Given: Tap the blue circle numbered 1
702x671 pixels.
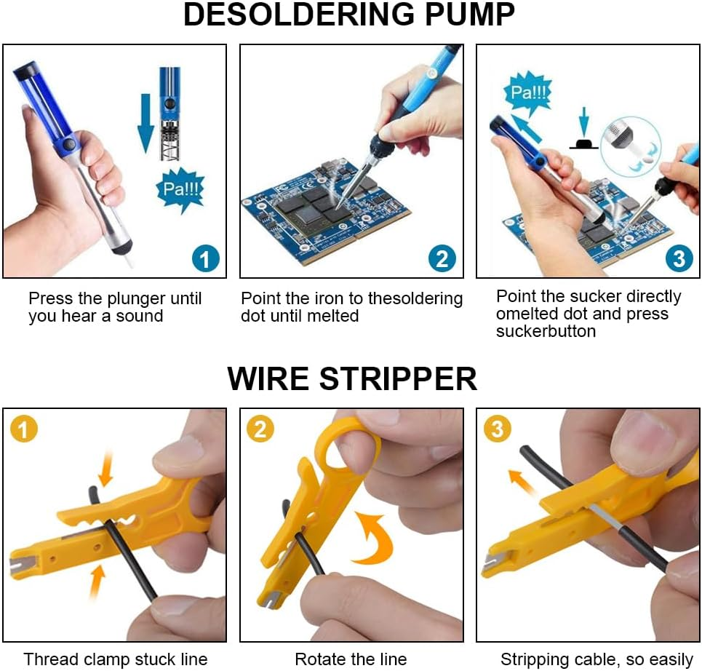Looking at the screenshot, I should coord(205,258).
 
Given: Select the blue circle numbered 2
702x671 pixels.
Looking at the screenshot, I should coord(442,258).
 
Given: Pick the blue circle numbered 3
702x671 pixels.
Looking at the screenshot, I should coord(679,258).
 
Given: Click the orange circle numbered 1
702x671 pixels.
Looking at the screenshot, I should coord(23,429).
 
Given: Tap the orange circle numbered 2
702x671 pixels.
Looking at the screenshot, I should coord(260,429).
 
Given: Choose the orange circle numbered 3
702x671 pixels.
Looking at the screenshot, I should coord(498,429).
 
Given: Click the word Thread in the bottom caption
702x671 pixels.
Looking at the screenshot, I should coord(49,659).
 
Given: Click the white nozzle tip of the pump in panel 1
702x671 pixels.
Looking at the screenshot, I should coord(127,258).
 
